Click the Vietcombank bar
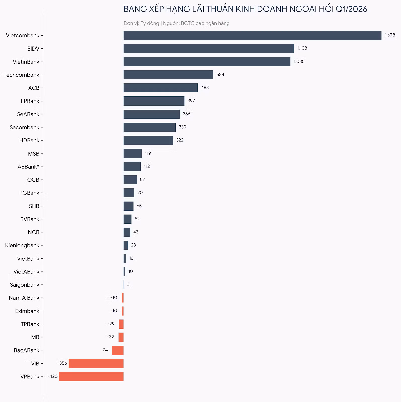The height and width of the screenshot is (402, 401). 252,35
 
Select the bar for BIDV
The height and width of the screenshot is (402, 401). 209,48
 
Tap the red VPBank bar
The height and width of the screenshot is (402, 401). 91,376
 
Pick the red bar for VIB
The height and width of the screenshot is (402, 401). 96,363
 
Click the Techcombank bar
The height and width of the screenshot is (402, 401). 168,75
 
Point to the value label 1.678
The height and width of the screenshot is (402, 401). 390,35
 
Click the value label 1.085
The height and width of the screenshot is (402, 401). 299,61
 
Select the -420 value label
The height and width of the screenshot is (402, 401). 53,376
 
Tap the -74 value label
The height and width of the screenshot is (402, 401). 104,350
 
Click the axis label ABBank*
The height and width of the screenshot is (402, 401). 28,167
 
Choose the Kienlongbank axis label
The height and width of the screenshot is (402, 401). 22,245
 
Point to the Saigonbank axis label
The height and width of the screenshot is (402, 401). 25,285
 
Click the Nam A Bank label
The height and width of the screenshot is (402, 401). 24,298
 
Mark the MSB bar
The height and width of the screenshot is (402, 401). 133,154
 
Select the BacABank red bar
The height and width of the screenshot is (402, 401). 118,350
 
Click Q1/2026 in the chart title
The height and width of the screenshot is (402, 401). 351,9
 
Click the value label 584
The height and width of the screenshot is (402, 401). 220,74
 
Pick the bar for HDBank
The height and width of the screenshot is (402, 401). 148,140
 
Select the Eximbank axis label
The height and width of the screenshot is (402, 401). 27,311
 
